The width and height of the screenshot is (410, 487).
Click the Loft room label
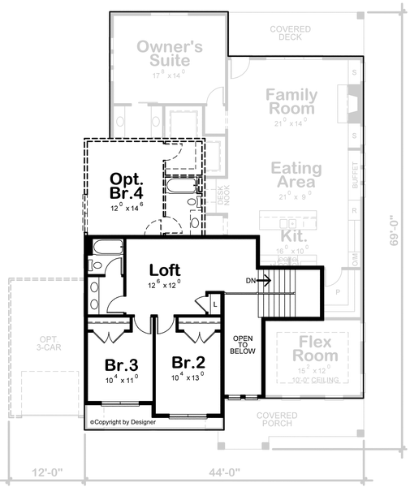point(164,269)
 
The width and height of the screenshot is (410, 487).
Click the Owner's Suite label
point(163,53)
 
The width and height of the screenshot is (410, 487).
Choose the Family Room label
point(291,101)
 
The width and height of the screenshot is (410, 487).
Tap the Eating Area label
point(296,176)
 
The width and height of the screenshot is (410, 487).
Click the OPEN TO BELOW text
point(244,344)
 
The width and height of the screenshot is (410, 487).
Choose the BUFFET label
point(355,176)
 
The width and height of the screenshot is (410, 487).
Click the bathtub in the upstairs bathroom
point(106,248)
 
